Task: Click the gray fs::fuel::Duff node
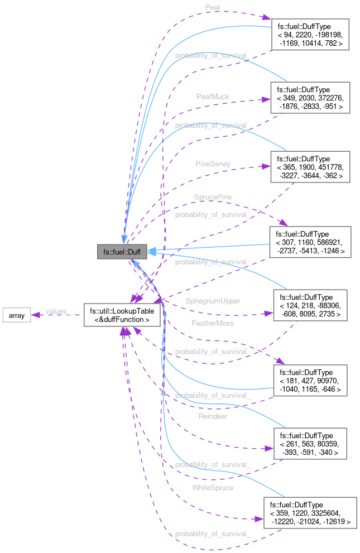click(x=122, y=252)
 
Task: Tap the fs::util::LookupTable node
click(x=122, y=315)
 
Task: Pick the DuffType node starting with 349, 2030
click(x=310, y=97)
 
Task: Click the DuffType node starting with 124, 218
click(x=310, y=305)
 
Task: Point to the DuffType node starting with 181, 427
click(x=310, y=380)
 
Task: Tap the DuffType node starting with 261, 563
click(x=310, y=444)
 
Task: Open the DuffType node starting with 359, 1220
click(x=310, y=513)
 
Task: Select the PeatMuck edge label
click(x=213, y=97)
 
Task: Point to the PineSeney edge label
click(x=213, y=164)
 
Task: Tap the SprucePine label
click(x=213, y=197)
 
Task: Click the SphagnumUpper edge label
click(x=213, y=301)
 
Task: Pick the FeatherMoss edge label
click(x=213, y=323)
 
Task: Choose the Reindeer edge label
click(x=213, y=416)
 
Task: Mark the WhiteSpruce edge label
click(x=213, y=487)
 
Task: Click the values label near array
click(x=56, y=311)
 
